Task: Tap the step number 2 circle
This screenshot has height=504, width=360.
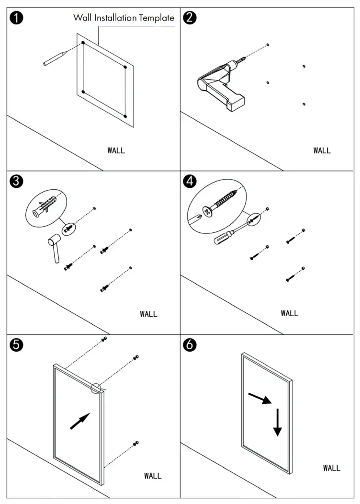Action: pos(190,18)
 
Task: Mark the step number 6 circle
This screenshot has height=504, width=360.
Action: pos(190,344)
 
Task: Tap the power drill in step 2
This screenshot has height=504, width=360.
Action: pos(220,84)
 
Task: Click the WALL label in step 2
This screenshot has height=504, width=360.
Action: pos(322,150)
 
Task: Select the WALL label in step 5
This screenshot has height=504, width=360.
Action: pos(153,476)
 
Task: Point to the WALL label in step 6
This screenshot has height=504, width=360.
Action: pos(331,468)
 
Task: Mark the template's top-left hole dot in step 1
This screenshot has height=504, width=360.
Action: pos(83,43)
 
